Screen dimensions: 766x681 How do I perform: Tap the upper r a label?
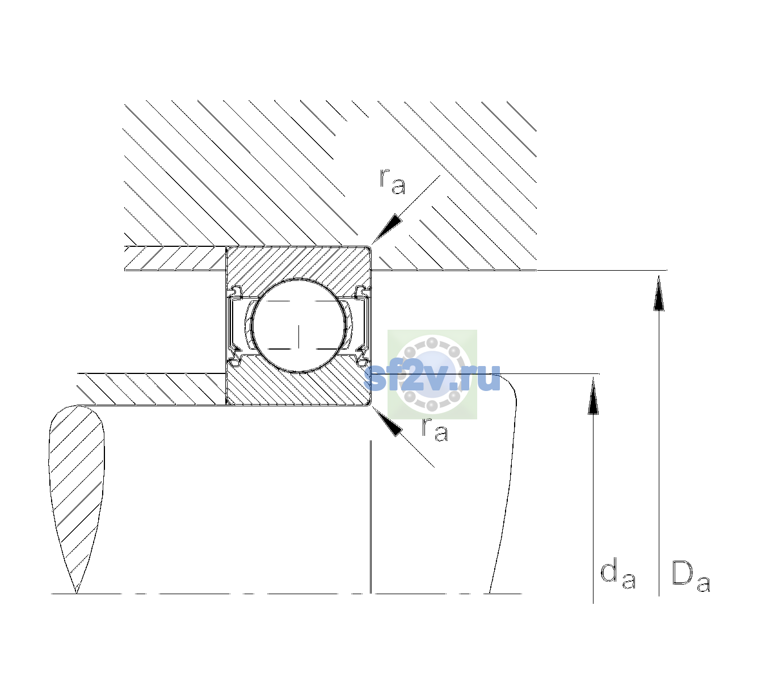(x=393, y=182)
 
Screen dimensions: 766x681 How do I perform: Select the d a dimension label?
(x=618, y=575)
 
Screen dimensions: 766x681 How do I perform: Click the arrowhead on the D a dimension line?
(x=659, y=293)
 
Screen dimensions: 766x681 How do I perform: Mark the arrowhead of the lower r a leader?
(x=387, y=421)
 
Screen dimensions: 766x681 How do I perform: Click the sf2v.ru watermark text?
(x=432, y=377)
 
